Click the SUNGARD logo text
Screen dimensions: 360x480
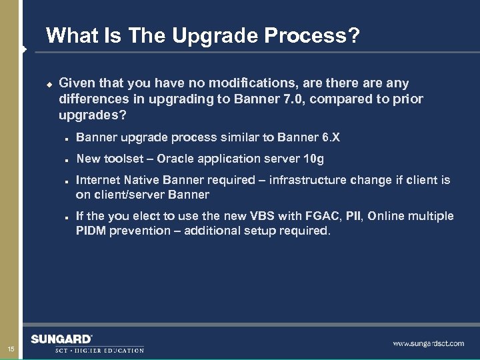tap(62, 339)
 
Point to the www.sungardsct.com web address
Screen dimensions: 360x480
tap(428, 343)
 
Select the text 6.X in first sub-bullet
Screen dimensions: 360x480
tap(330, 138)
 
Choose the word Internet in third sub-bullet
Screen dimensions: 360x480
tap(98, 180)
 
